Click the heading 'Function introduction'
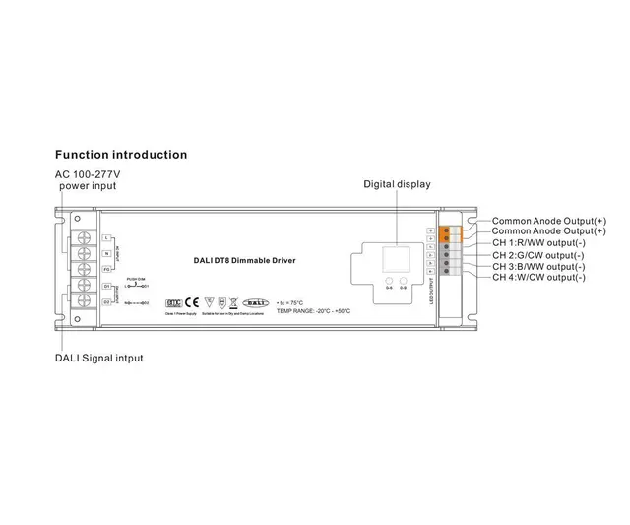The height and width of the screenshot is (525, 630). pyautogui.click(x=120, y=155)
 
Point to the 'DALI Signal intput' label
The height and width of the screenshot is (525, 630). pyautogui.click(x=98, y=358)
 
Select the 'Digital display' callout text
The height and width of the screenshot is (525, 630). pyautogui.click(x=397, y=184)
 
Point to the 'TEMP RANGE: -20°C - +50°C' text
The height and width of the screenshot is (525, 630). pyautogui.click(x=313, y=311)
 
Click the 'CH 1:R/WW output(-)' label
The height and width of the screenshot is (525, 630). pyautogui.click(x=538, y=242)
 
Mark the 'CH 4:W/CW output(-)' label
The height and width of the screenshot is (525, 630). pyautogui.click(x=538, y=278)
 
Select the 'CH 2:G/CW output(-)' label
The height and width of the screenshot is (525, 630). pyautogui.click(x=538, y=254)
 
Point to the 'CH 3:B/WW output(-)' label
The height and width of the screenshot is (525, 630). pyautogui.click(x=538, y=266)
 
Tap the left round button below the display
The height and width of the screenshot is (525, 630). pyautogui.click(x=388, y=284)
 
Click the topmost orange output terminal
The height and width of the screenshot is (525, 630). pyautogui.click(x=447, y=230)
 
